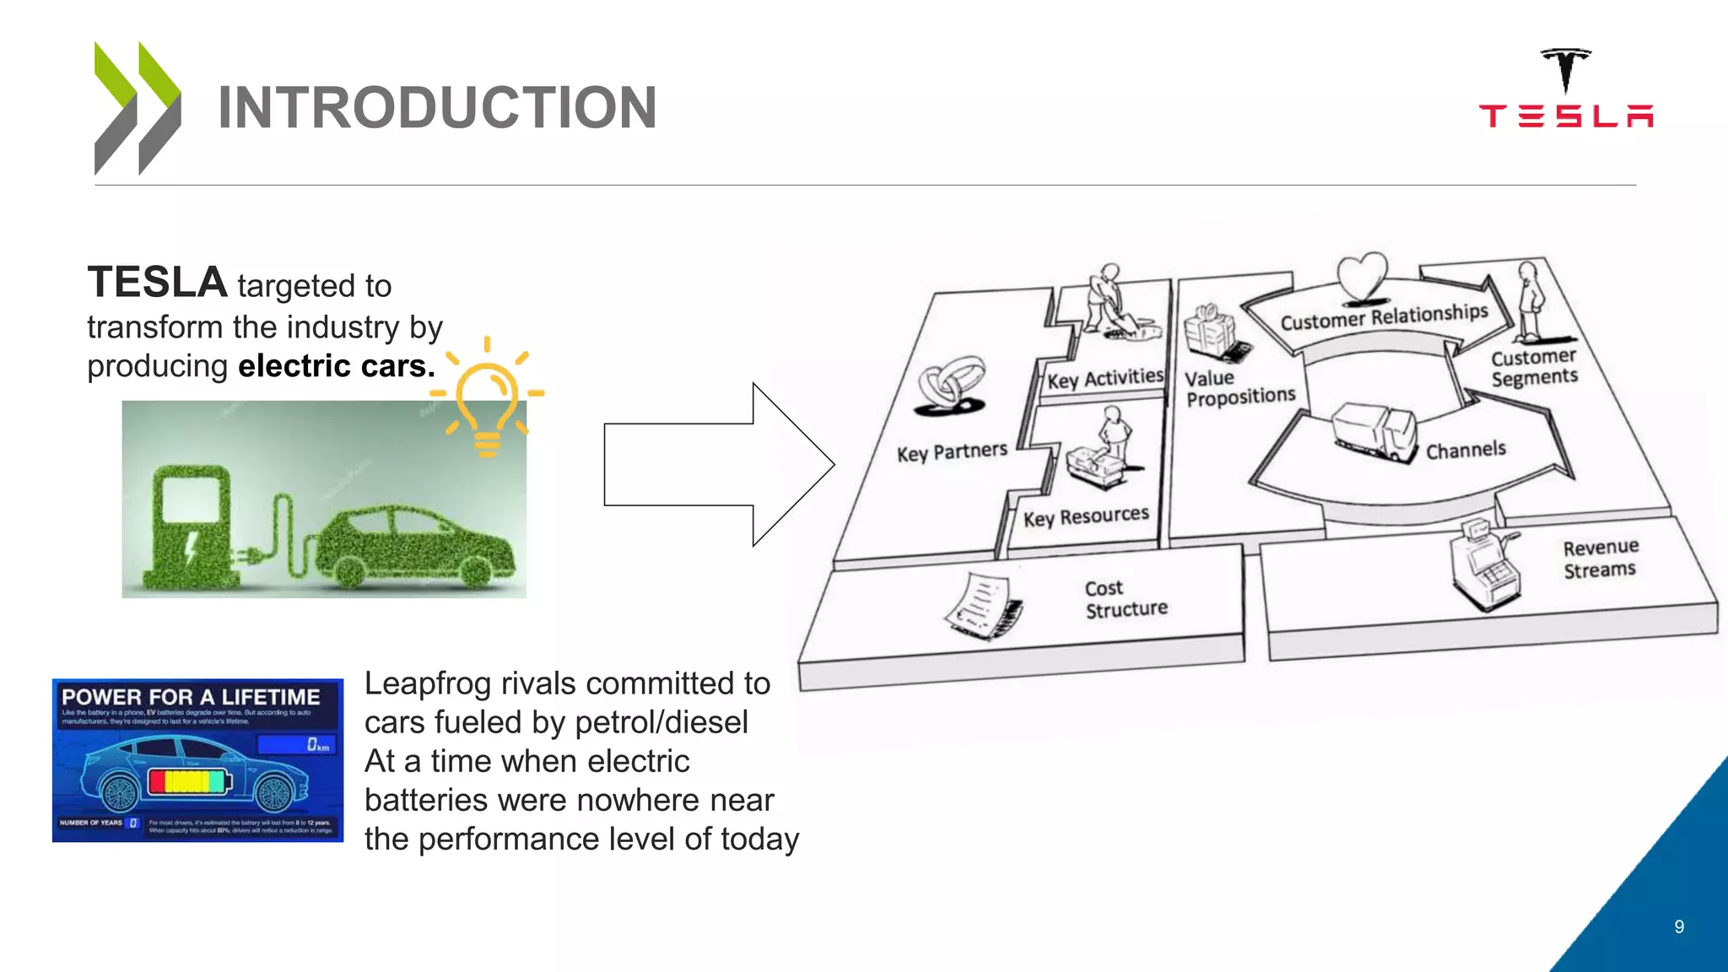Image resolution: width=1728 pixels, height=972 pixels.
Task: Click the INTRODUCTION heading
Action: click(437, 108)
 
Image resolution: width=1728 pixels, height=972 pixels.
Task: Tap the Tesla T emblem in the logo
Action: click(1565, 69)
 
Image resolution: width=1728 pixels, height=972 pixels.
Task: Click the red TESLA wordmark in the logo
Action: click(1566, 116)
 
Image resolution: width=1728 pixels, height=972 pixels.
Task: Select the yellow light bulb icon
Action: click(487, 397)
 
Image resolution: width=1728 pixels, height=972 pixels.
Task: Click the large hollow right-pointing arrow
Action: click(717, 465)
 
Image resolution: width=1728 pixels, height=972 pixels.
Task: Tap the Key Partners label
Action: click(952, 452)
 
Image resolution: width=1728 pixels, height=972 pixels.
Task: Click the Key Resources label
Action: click(1086, 516)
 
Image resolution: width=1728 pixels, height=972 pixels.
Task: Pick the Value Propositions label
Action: click(1239, 387)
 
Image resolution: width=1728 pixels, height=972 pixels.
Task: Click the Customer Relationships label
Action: click(1384, 316)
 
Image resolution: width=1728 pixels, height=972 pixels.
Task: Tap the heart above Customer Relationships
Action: click(1362, 276)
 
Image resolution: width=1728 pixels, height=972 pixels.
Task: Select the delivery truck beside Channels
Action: click(1374, 431)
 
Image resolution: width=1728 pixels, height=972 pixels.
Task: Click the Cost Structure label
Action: click(1126, 599)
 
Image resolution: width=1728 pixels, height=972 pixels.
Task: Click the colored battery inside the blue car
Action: click(189, 780)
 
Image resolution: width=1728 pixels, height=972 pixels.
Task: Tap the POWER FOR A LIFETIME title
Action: click(191, 697)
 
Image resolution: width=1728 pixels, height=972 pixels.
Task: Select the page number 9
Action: click(1679, 926)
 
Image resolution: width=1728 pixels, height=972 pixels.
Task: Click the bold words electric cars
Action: click(337, 366)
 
